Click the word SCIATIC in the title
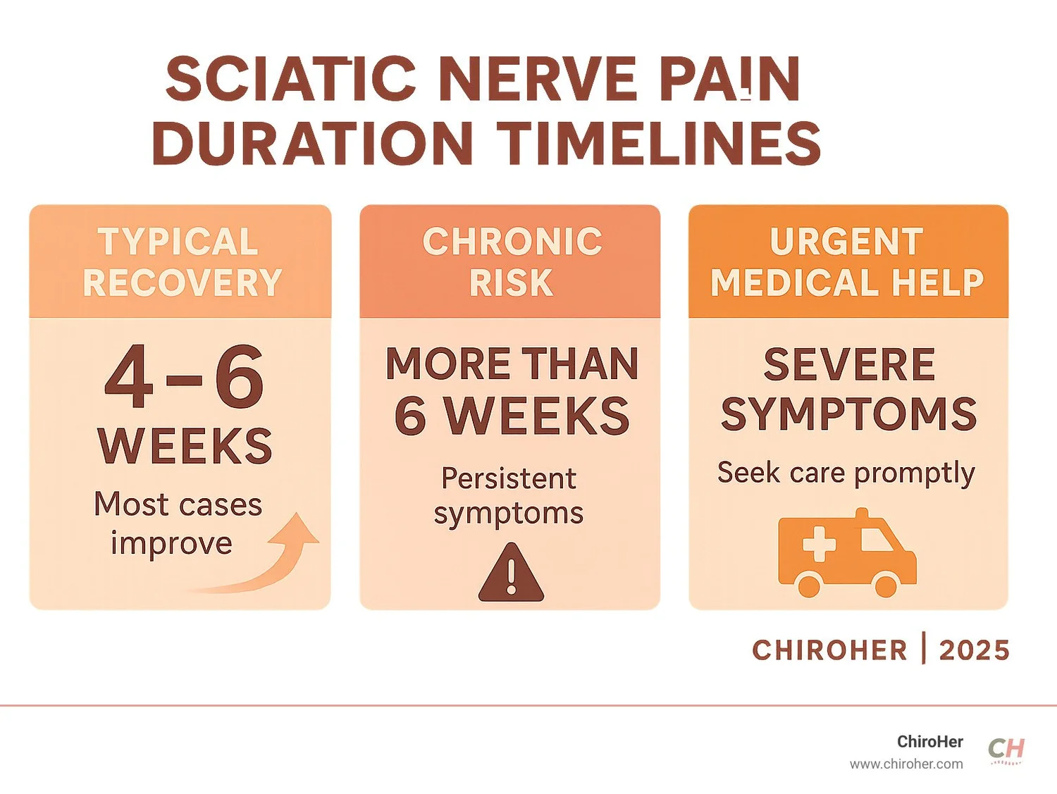click(290, 78)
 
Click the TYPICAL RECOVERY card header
click(180, 262)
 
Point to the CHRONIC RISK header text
click(512, 262)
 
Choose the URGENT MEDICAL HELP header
click(847, 262)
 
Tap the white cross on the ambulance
click(819, 545)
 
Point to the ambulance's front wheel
click(885, 584)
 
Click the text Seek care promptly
click(846, 473)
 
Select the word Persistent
click(509, 478)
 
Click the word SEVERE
click(849, 364)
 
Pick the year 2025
click(975, 650)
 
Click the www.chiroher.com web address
click(906, 764)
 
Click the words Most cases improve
click(178, 523)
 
